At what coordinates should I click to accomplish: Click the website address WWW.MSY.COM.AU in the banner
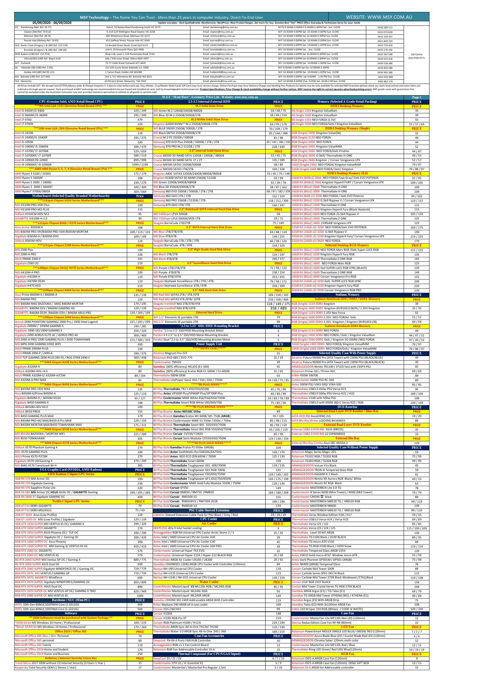tap(379, 17)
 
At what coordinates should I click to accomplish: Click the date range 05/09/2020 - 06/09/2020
tap(52, 23)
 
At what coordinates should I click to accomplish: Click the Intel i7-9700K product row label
tap(24, 124)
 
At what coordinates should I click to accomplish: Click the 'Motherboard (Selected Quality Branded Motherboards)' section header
tap(71, 196)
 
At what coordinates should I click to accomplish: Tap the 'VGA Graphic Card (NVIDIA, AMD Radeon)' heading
tap(71, 470)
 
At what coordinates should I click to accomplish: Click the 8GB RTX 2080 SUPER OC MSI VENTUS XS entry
tap(41, 596)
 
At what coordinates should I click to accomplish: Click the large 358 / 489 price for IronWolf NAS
tap(278, 308)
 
